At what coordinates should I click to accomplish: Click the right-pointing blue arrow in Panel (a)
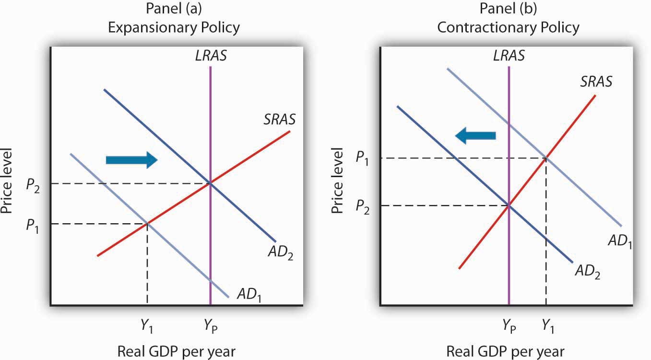131,159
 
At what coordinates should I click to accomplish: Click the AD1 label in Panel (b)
620,241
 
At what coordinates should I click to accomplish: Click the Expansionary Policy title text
173,27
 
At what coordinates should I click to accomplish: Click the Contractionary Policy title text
508,27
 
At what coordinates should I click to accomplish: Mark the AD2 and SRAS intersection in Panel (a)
210,183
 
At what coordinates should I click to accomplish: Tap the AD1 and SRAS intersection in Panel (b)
546,157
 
